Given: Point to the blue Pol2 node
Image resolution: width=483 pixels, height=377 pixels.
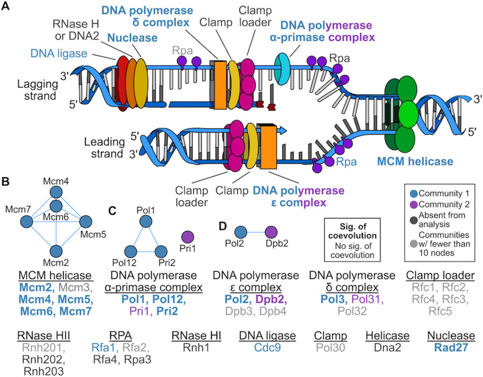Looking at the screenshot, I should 241,232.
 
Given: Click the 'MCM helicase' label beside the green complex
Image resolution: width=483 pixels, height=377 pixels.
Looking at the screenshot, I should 415,162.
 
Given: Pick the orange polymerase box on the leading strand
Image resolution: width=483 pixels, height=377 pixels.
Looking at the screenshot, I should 268,147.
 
